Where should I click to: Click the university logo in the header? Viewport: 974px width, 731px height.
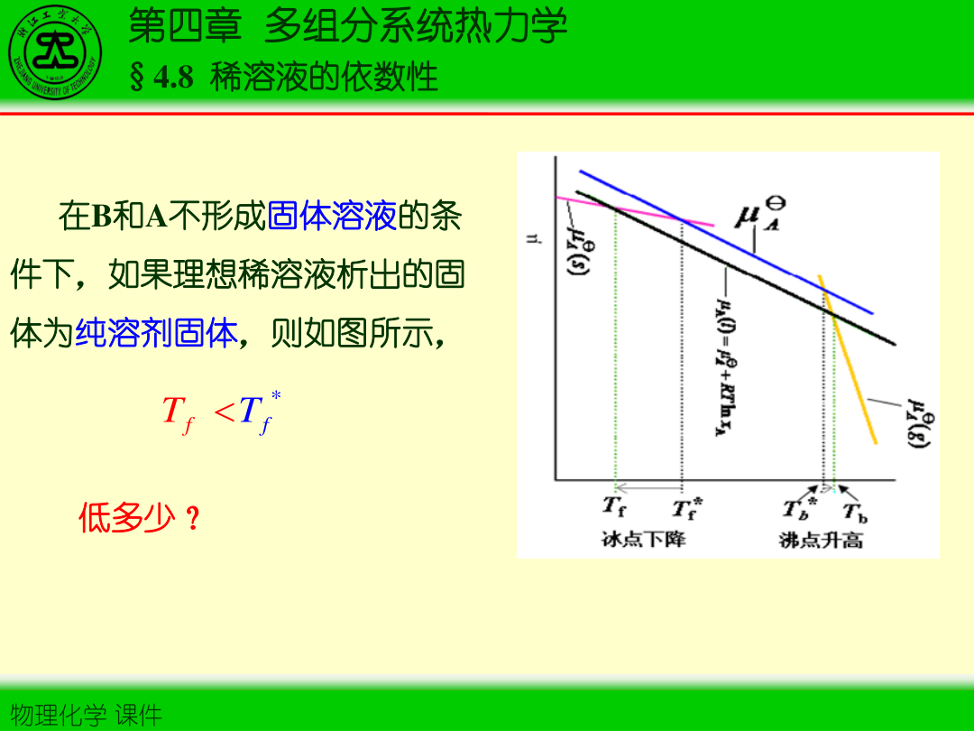[56, 51]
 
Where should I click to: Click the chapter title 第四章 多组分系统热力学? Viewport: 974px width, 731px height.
[348, 26]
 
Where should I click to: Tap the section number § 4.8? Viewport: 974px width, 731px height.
[161, 78]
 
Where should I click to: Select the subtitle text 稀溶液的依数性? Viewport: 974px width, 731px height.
[325, 78]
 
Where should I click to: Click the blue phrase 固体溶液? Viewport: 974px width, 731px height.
[332, 217]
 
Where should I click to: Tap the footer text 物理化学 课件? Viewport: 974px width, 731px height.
[82, 716]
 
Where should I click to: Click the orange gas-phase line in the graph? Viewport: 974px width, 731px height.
[848, 361]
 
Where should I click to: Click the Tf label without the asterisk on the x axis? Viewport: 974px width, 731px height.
[614, 507]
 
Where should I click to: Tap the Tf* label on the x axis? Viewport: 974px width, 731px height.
[686, 508]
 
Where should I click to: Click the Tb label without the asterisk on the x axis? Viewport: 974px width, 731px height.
[854, 512]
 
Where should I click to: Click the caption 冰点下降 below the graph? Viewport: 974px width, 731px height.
[644, 540]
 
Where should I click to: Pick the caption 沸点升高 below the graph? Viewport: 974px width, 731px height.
[821, 540]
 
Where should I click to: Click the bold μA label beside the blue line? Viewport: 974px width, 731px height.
[755, 217]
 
